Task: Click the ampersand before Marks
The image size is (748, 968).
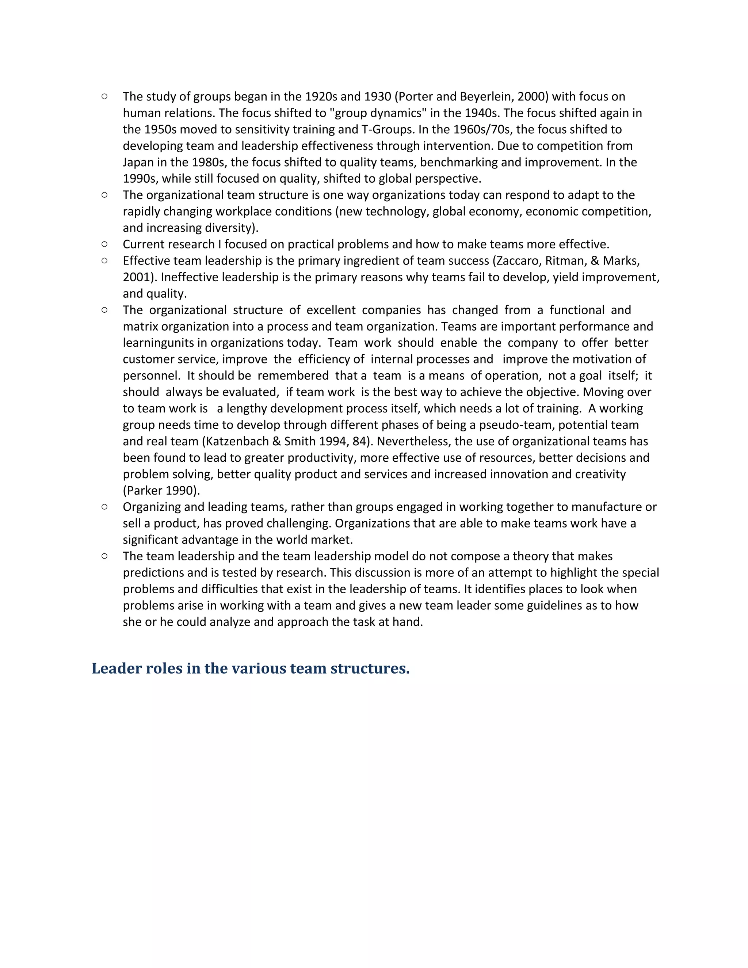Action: (x=595, y=260)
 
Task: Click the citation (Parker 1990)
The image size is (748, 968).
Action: (x=161, y=490)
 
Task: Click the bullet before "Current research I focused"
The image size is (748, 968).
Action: (x=104, y=244)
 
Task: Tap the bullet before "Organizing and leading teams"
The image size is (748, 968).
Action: (x=104, y=506)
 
